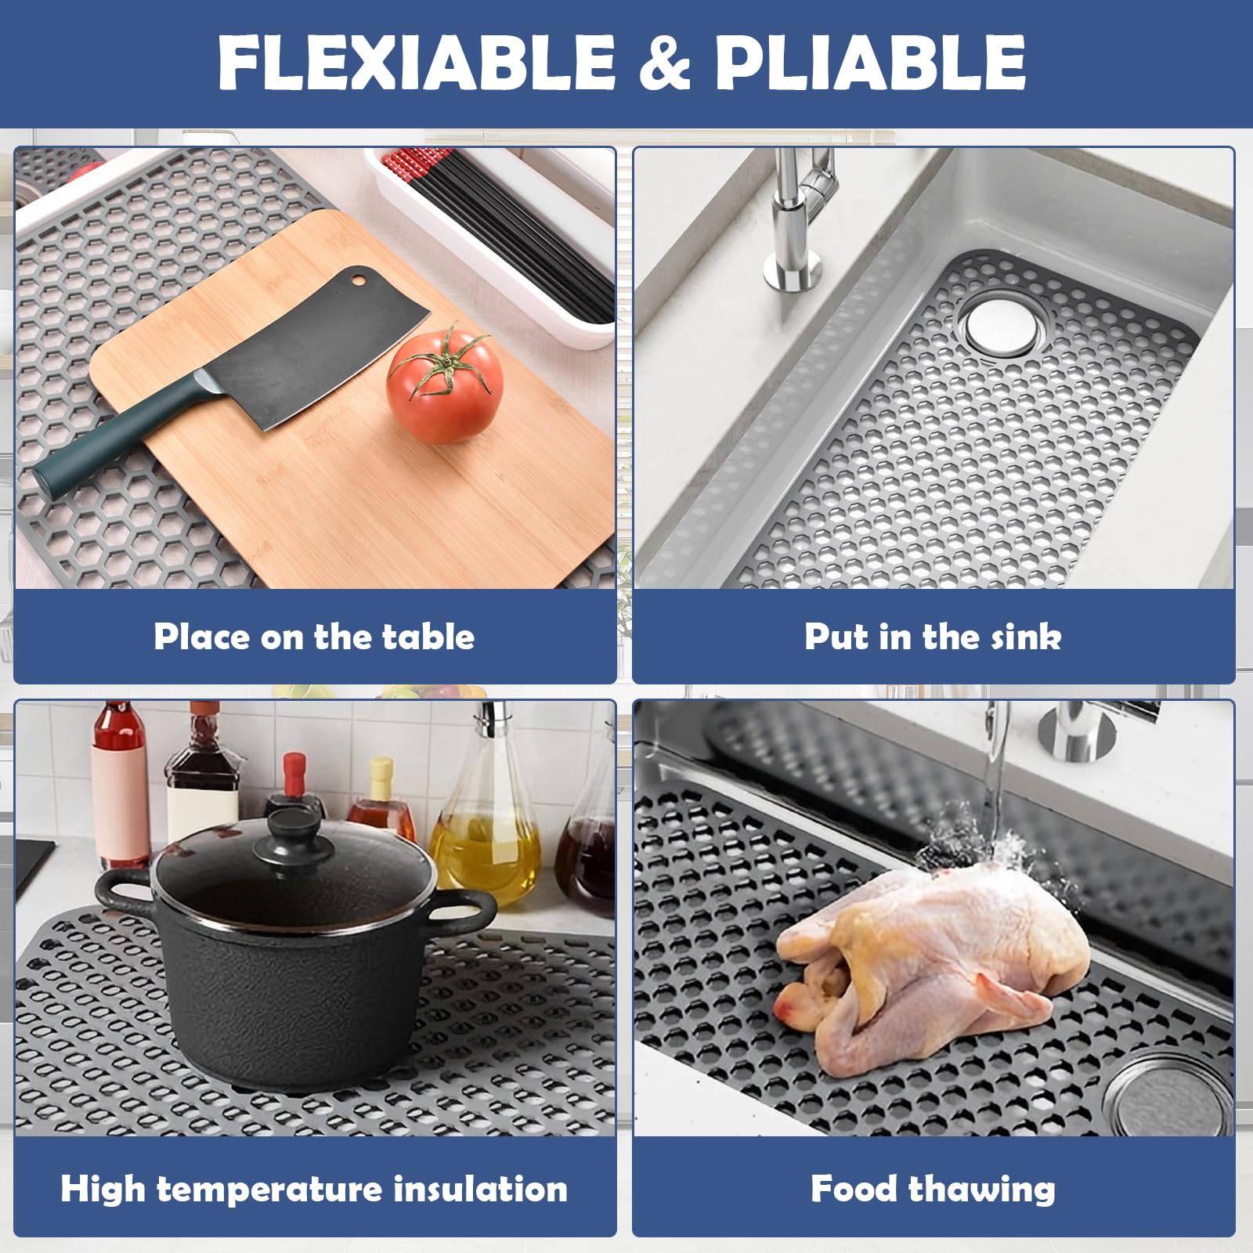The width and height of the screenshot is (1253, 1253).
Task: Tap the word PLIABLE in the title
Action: [x=870, y=63]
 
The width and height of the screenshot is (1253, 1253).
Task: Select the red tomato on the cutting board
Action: [x=445, y=385]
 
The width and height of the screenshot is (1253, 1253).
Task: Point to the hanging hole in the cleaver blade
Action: [x=358, y=277]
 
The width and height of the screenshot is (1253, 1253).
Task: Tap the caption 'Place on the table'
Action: [x=314, y=637]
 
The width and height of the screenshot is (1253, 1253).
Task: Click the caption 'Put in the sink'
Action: [x=933, y=637]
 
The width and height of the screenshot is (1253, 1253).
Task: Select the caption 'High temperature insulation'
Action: [x=314, y=1188]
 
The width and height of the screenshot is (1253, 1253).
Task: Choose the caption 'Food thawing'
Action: [x=933, y=1188]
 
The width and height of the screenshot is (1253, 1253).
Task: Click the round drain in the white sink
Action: [x=1003, y=323]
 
